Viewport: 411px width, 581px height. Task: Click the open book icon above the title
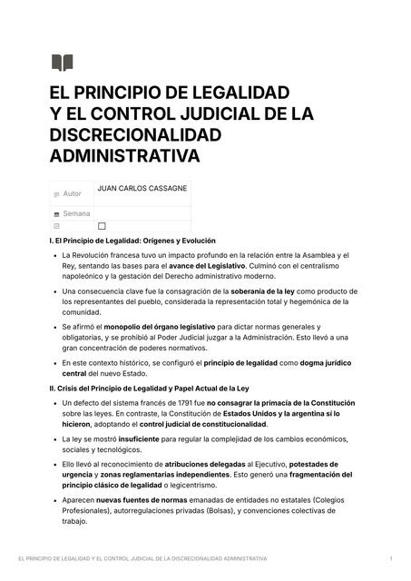(x=62, y=63)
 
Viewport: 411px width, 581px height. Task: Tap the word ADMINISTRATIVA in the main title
(x=123, y=155)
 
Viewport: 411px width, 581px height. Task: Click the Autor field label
(x=72, y=193)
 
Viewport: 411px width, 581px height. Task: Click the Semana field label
(x=76, y=213)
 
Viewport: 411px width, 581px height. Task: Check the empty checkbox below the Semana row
(x=102, y=226)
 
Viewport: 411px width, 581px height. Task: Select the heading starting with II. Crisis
(x=149, y=388)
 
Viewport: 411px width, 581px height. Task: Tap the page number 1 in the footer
(x=390, y=558)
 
